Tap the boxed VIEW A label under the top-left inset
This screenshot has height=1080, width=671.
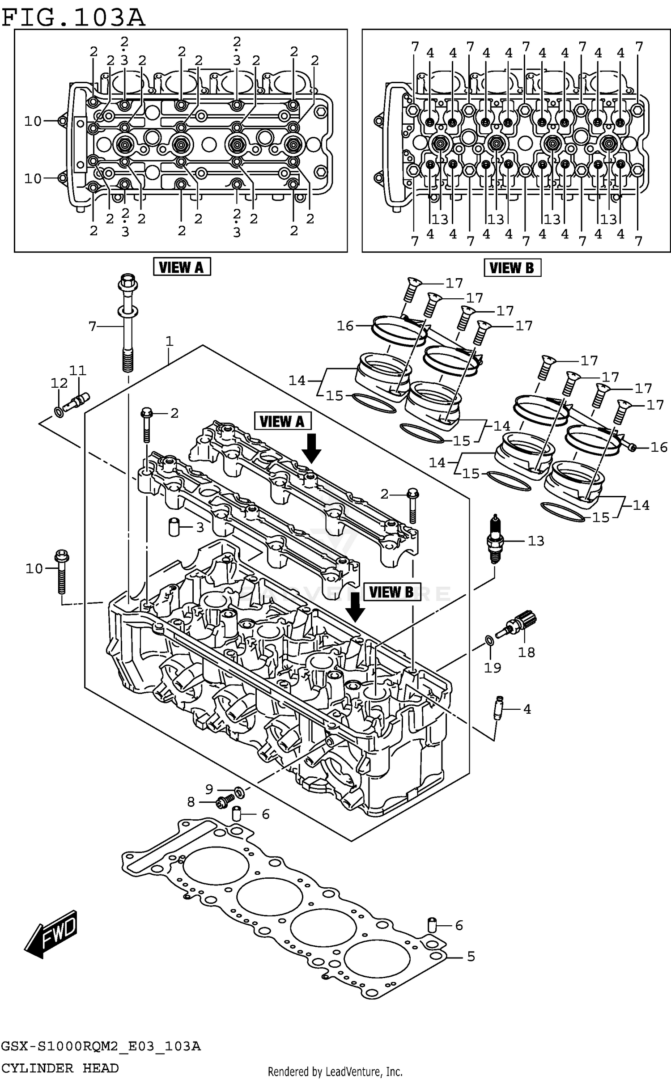pos(182,267)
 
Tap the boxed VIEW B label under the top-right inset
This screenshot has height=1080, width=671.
pos(512,268)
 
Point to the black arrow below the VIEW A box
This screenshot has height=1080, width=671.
pos(311,448)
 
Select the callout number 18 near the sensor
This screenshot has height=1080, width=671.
pos(526,652)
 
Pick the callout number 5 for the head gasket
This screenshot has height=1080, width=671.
pos(471,957)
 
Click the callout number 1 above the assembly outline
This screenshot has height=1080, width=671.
pos(169,342)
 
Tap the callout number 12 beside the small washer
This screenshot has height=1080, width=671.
pos(59,383)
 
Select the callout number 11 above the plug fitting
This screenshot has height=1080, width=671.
pos(78,370)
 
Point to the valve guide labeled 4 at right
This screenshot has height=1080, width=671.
pos(498,708)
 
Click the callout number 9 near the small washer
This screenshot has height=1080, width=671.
pos(209,789)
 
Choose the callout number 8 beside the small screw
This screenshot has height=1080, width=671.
pos(191,802)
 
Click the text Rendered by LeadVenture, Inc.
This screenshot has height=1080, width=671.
pos(335,1072)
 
